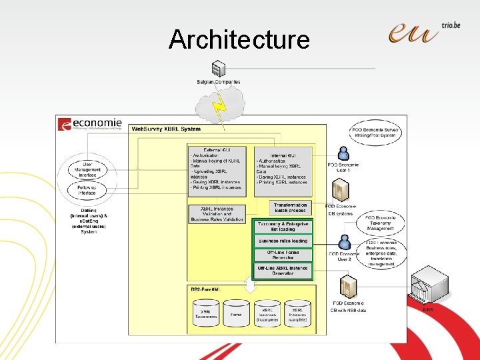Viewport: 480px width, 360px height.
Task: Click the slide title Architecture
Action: [239, 39]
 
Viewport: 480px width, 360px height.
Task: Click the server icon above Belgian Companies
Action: [216, 68]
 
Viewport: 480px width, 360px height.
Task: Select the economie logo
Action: [91, 125]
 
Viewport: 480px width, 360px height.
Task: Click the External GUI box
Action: [216, 171]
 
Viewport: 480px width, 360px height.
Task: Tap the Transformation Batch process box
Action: [291, 208]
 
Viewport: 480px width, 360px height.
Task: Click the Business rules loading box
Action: [283, 241]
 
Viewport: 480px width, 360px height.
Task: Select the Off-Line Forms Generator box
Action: [283, 255]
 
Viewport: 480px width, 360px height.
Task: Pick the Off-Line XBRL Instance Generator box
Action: [283, 270]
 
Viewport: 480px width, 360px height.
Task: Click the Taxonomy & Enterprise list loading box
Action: [283, 226]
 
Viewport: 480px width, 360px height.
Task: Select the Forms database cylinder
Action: [236, 313]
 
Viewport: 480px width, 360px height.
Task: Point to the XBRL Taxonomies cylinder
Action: [205, 313]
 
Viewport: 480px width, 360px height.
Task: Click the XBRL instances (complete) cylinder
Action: [297, 313]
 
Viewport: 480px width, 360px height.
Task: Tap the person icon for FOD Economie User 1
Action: [343, 153]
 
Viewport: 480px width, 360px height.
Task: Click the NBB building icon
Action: [428, 285]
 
